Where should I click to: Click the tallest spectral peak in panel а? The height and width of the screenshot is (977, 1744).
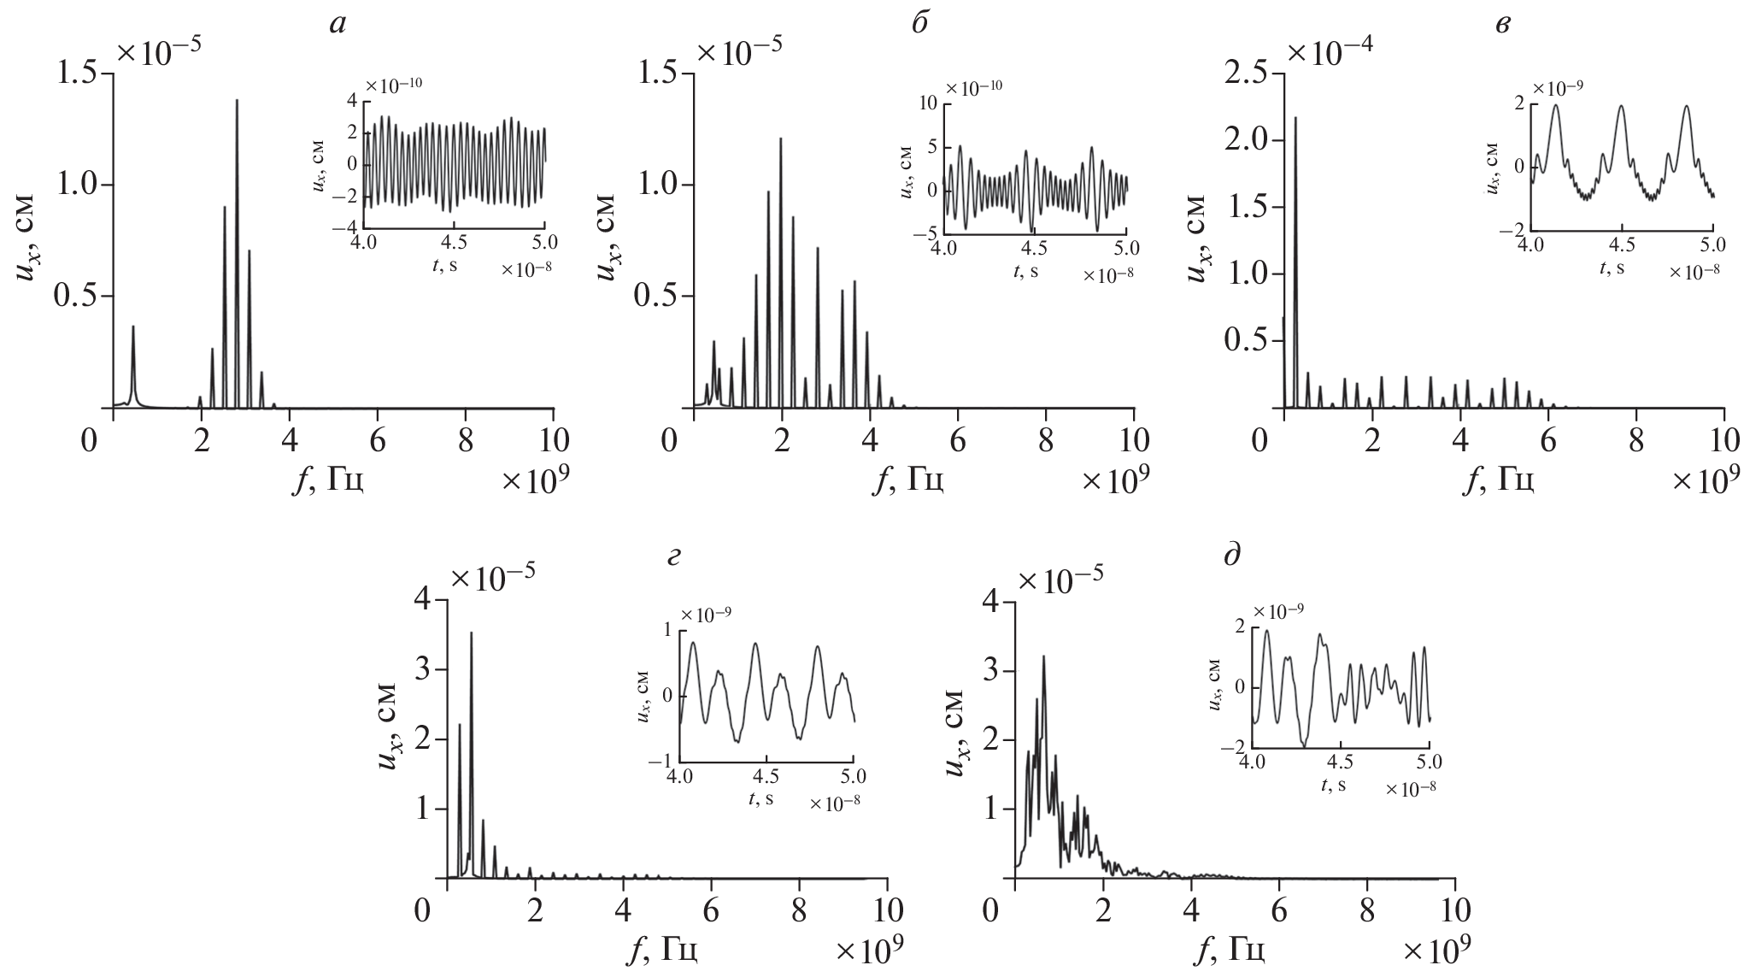tap(237, 101)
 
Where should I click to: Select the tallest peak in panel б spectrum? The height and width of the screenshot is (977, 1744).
tap(780, 139)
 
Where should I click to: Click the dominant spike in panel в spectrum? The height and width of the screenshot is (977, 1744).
tap(1295, 119)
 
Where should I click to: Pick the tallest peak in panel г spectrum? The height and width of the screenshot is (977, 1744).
tap(471, 634)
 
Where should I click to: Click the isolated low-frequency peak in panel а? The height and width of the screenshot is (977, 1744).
tap(133, 327)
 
